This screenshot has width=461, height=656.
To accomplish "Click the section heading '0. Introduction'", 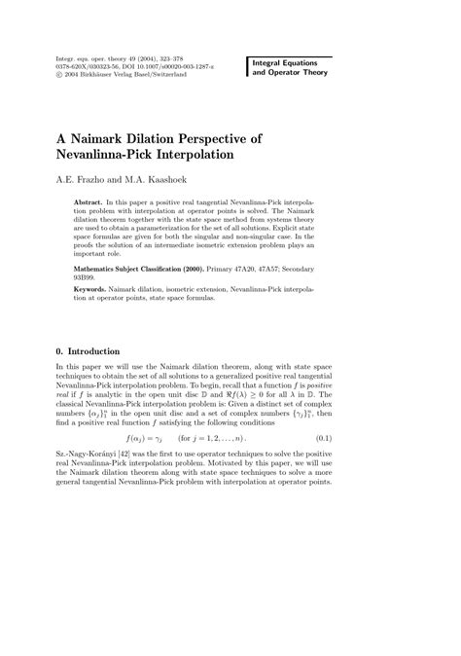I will point(88,350).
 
